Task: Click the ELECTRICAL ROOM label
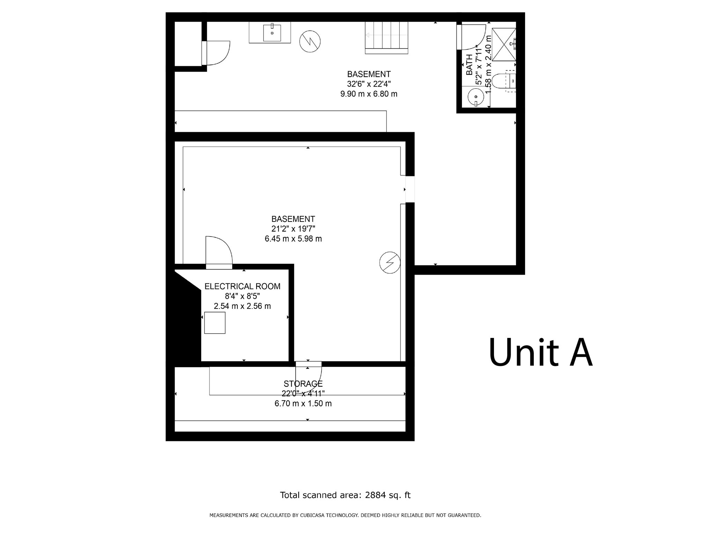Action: coord(242,287)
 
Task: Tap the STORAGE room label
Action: coord(303,384)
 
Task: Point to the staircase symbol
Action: coord(386,37)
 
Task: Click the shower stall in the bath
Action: coord(504,44)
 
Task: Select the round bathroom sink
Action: coord(476,96)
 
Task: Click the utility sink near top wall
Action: coord(272,33)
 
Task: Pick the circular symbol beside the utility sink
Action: coord(310,42)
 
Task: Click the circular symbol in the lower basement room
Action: coord(390,262)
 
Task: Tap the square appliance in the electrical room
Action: coord(215,323)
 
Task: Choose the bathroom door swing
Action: coord(473,37)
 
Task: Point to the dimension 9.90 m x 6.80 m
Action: coord(369,94)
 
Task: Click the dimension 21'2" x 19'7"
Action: coord(293,229)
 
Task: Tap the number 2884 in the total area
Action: coord(374,495)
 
